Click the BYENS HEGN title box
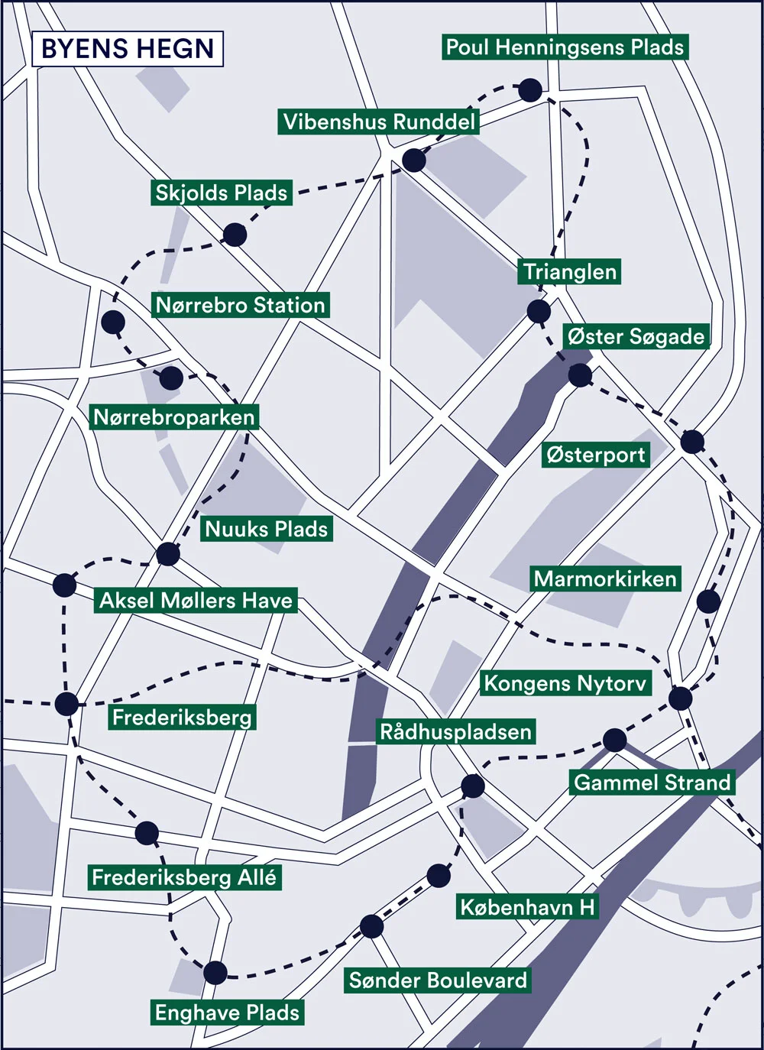[x=128, y=49]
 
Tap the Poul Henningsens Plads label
[x=565, y=47]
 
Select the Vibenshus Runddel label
[x=379, y=122]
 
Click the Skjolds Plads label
[x=222, y=193]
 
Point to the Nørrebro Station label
[x=241, y=306]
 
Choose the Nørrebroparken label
[x=174, y=417]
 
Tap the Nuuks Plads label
[x=267, y=529]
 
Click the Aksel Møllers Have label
[x=196, y=601]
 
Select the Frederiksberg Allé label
[x=184, y=877]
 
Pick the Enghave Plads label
[x=227, y=1013]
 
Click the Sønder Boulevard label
[x=438, y=980]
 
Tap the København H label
[x=527, y=907]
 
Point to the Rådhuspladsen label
[x=455, y=731]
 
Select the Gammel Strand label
[x=652, y=783]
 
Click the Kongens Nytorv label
[x=565, y=683]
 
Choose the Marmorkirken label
[x=605, y=578]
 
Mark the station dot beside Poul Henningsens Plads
[x=530, y=90]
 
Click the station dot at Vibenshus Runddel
[x=414, y=160]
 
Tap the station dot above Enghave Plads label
[x=215, y=973]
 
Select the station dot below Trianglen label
[x=539, y=311]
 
